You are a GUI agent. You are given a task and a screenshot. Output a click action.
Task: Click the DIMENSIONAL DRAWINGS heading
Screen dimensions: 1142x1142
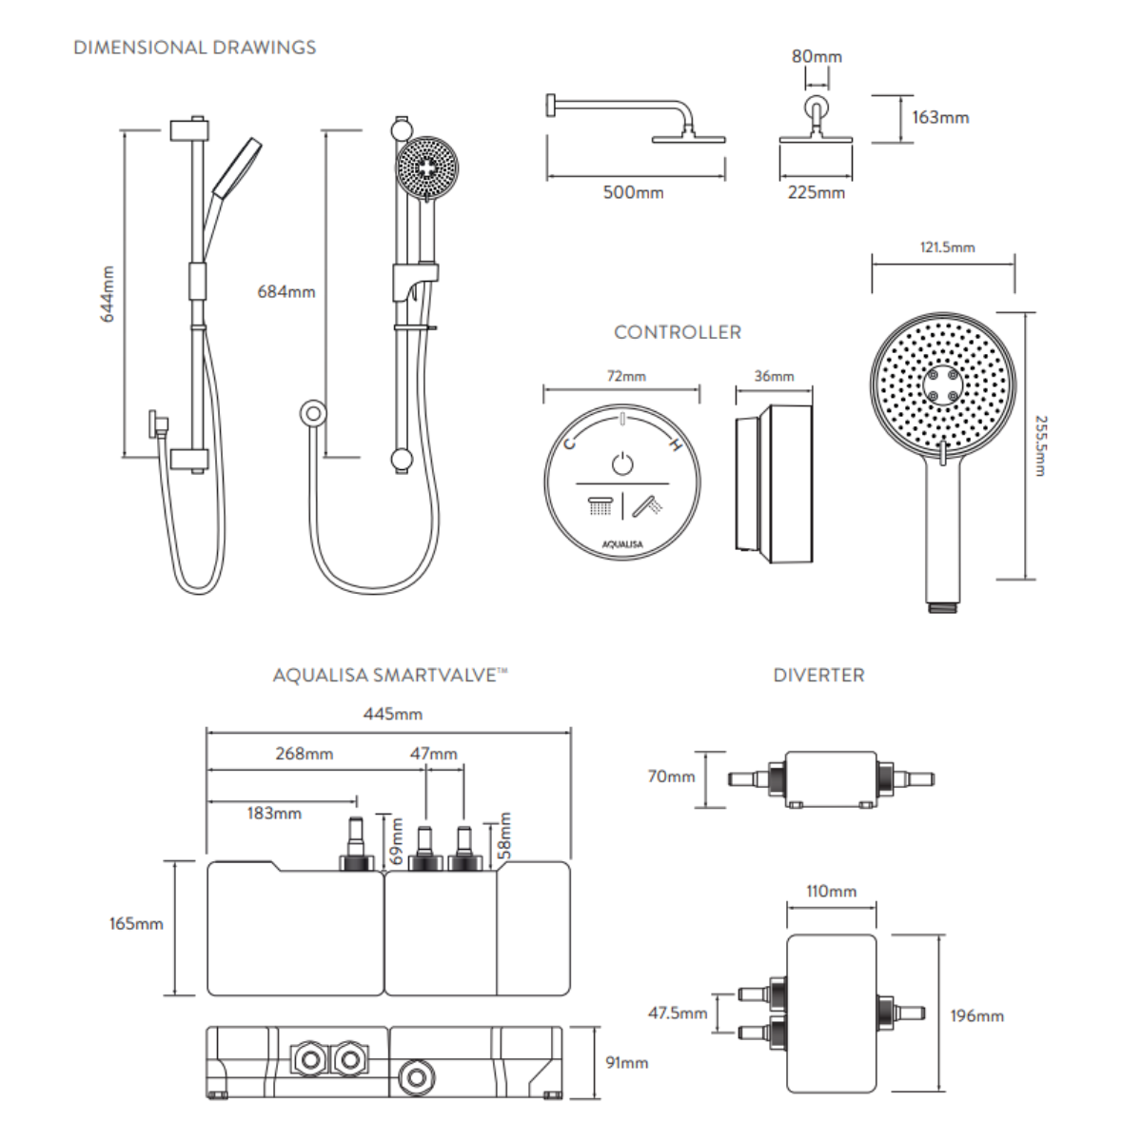[194, 47]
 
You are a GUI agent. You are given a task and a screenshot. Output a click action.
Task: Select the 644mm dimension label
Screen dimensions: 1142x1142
[108, 294]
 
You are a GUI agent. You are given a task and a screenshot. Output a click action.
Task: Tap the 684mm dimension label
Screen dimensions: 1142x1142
[285, 291]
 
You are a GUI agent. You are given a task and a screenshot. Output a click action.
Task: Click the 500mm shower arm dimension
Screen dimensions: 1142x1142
[633, 192]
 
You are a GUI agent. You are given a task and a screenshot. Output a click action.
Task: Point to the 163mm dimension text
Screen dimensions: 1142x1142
[939, 117]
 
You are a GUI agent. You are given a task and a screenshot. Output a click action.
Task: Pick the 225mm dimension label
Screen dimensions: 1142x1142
[816, 192]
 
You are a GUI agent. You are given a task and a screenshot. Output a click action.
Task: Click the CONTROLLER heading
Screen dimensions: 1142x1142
[677, 332]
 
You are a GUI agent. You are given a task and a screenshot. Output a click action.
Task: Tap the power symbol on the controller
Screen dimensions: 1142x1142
[621, 463]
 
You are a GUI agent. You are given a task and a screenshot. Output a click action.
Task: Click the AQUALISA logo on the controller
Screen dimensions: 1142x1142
[621, 544]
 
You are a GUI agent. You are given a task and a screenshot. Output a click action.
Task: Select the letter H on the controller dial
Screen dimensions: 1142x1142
[674, 445]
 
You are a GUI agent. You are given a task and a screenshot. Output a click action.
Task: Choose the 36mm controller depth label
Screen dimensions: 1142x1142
[774, 376]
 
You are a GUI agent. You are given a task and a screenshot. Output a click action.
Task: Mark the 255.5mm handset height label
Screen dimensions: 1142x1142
[1040, 445]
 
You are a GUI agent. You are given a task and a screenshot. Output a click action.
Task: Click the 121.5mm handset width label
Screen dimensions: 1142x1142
[947, 247]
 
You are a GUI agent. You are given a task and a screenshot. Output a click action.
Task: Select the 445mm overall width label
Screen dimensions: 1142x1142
[392, 714]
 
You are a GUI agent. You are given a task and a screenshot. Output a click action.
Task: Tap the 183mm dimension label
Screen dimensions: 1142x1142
[274, 813]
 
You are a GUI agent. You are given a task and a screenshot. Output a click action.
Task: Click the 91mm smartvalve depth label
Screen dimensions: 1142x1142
[626, 1062]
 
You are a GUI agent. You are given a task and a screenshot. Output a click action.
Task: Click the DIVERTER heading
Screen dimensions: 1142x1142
[818, 675]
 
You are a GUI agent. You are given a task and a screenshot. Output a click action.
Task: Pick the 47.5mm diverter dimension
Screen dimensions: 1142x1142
[678, 1014]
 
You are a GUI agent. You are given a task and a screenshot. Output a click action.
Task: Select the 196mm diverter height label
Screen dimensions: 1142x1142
[976, 1015]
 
